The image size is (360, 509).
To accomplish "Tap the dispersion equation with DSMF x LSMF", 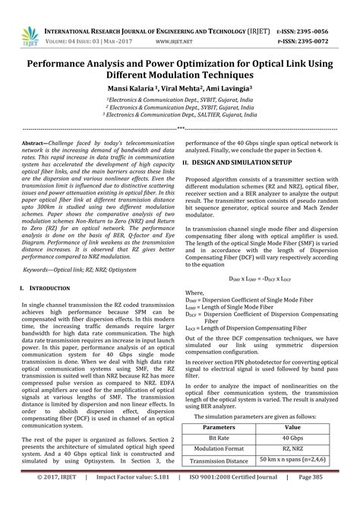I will click(x=262, y=280).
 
